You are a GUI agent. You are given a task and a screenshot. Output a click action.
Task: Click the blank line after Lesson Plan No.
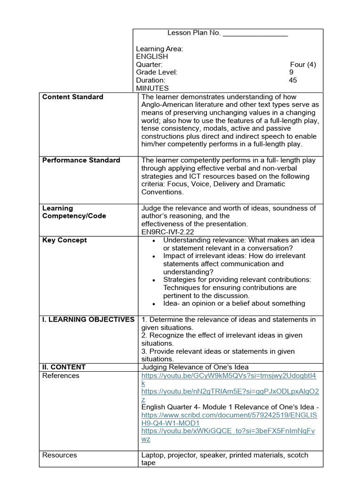click(x=255, y=33)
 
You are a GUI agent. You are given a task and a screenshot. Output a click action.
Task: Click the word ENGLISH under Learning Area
click(x=152, y=57)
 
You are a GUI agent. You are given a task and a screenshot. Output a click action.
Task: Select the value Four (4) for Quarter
click(x=303, y=65)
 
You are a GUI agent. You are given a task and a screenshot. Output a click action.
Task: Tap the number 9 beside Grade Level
click(x=291, y=73)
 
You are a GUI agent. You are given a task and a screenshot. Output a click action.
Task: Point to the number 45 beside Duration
click(x=293, y=80)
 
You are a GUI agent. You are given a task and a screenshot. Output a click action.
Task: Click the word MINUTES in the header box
click(x=152, y=88)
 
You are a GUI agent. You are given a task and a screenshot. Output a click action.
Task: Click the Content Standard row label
click(x=73, y=97)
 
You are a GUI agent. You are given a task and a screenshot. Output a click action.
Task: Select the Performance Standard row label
click(x=81, y=160)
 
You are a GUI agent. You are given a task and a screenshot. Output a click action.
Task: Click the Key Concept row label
click(x=65, y=240)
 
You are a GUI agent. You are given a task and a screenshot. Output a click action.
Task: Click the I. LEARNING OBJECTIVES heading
click(x=88, y=320)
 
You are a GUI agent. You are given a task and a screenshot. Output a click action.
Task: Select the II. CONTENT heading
click(x=64, y=367)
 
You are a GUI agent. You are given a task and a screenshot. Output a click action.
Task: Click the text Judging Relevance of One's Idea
click(x=195, y=367)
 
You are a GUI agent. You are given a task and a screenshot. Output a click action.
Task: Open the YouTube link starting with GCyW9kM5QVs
click(x=229, y=376)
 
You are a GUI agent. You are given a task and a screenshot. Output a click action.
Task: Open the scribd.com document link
click(x=229, y=416)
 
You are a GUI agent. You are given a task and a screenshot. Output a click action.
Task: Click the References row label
click(x=61, y=376)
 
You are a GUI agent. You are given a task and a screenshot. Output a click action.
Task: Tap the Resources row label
click(x=59, y=455)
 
